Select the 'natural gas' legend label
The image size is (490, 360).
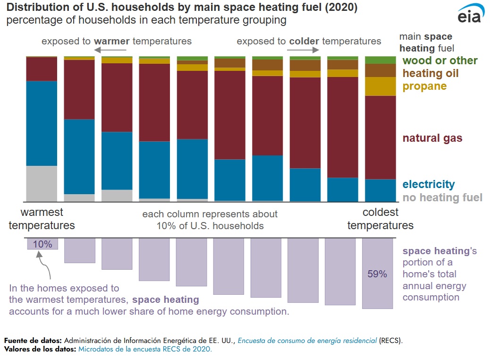(432, 138)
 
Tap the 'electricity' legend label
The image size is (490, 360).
(429, 184)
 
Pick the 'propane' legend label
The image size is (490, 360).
(424, 86)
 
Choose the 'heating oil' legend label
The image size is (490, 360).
(431, 73)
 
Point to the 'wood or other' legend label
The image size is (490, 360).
(440, 60)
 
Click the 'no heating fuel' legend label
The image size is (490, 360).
(443, 197)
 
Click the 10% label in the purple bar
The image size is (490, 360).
(42, 244)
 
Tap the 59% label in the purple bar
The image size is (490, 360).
(377, 274)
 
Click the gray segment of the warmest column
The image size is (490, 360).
(42, 184)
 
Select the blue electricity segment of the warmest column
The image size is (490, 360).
(42, 123)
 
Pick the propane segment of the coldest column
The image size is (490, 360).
(380, 86)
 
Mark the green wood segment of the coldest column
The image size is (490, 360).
(380, 60)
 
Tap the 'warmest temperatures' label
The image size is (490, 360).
(42, 219)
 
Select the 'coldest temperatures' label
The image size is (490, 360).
(380, 219)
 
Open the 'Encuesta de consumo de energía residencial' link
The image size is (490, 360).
(307, 340)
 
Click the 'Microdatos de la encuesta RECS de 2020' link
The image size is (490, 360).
(145, 349)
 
